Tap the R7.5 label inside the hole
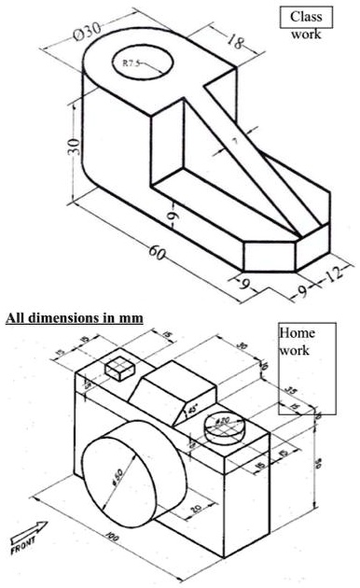132,64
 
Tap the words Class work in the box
305,24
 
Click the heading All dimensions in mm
75,318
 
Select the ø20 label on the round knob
222,422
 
